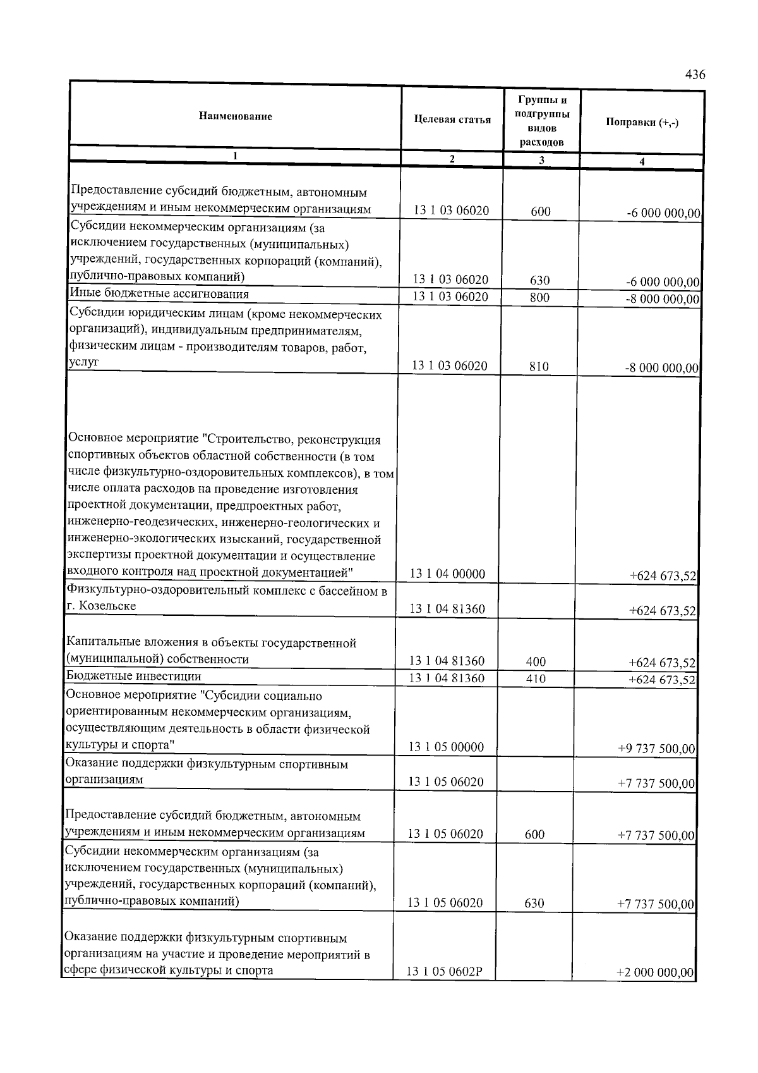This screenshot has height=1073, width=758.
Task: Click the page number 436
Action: click(695, 75)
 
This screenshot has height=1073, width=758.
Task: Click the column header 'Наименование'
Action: click(236, 116)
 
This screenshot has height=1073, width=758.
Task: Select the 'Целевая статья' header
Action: click(452, 120)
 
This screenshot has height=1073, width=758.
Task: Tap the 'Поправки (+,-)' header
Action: click(642, 123)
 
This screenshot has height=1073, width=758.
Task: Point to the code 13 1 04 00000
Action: click(448, 574)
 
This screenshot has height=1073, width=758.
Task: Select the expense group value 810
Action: click(539, 366)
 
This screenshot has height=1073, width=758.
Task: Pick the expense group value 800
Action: click(539, 297)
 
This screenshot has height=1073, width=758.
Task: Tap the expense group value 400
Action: click(536, 662)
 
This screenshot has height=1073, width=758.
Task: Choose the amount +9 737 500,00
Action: click(656, 749)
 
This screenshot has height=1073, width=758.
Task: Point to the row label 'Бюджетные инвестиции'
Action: click(134, 676)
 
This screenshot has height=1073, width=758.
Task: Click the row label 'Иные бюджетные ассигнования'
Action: click(159, 294)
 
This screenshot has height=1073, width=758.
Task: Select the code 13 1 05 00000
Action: click(446, 747)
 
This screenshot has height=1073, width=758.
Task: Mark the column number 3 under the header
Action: click(541, 161)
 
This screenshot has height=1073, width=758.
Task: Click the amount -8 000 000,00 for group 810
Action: click(661, 367)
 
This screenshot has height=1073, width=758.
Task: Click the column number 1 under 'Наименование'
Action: click(235, 156)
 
